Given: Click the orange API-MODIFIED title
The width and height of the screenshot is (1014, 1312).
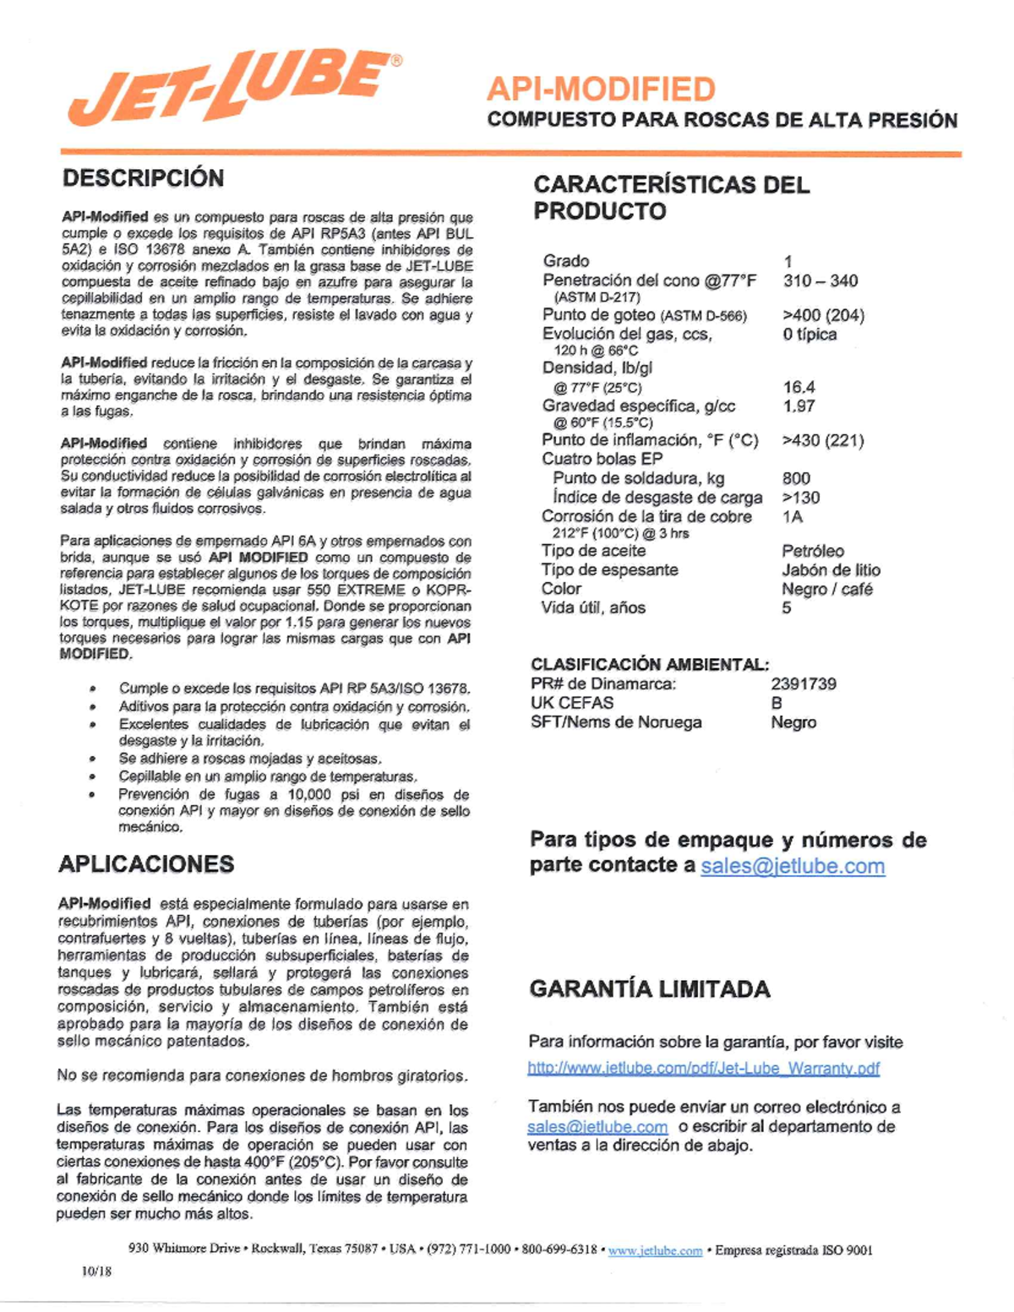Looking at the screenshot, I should (x=601, y=89).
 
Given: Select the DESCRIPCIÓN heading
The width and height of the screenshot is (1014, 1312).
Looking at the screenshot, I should (x=143, y=178).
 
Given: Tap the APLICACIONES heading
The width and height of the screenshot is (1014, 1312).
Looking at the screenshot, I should (x=146, y=864).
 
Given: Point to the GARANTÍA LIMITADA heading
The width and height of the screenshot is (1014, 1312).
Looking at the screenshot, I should (x=649, y=989).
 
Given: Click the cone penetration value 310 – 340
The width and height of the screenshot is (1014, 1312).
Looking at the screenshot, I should (x=820, y=280).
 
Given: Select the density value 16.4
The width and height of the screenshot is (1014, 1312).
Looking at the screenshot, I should (x=799, y=387).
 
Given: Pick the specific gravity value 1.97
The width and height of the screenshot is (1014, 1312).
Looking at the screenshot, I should (x=799, y=406).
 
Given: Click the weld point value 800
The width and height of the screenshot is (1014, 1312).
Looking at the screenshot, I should (x=796, y=478).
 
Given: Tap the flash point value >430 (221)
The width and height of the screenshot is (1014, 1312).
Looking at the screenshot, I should (x=822, y=440).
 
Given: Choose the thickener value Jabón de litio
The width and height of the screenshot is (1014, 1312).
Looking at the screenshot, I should (x=831, y=570).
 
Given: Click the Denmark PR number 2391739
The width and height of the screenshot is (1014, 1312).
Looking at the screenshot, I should (x=803, y=683).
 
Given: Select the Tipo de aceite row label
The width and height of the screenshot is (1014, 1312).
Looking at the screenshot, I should (x=593, y=551).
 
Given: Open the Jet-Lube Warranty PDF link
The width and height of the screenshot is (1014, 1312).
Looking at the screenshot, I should (x=703, y=1068).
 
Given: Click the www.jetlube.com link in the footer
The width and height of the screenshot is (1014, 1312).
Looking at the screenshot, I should (x=655, y=1250).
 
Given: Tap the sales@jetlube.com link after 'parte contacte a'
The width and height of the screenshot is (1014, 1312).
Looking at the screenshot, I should (x=793, y=866).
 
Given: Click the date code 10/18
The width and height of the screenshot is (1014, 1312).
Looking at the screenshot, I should (x=96, y=1271).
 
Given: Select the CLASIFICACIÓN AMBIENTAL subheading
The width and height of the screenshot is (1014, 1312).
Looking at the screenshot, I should (x=650, y=664).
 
